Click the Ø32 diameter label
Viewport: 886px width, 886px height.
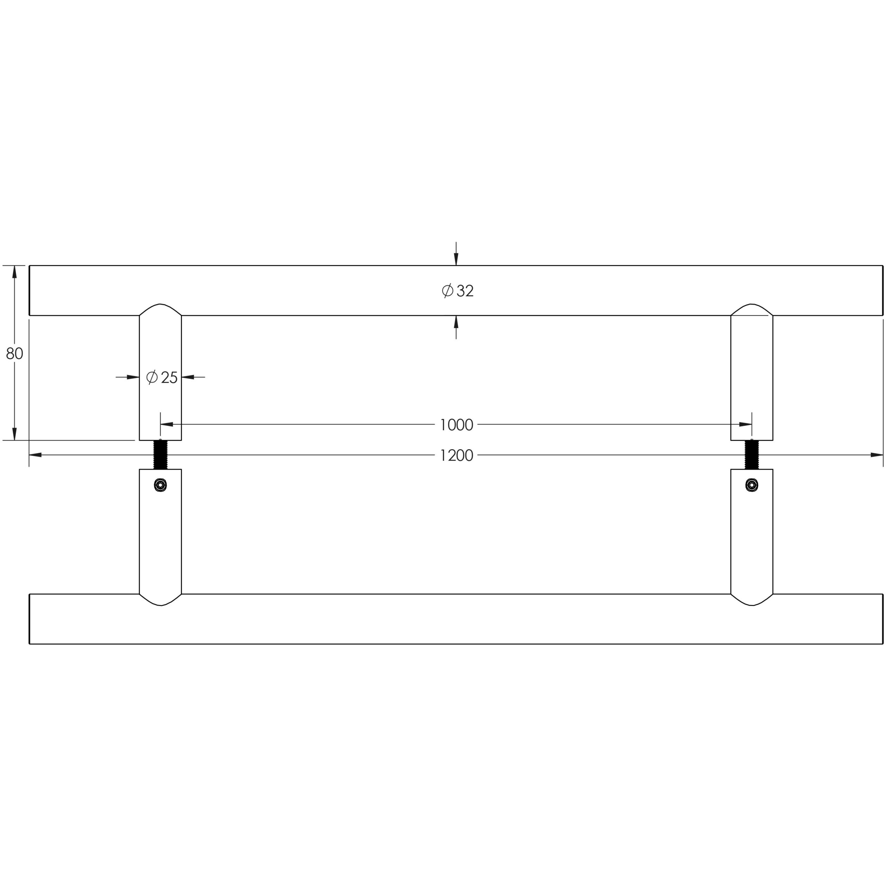[x=457, y=291]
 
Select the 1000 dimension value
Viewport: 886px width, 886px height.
[x=456, y=425]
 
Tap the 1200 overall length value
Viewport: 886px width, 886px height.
[x=456, y=455]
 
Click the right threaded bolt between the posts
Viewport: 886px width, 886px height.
[x=752, y=454]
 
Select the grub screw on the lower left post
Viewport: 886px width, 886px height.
[x=161, y=485]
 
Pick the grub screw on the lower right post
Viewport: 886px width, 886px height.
[x=752, y=485]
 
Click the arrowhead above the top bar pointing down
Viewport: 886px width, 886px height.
[x=456, y=259]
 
